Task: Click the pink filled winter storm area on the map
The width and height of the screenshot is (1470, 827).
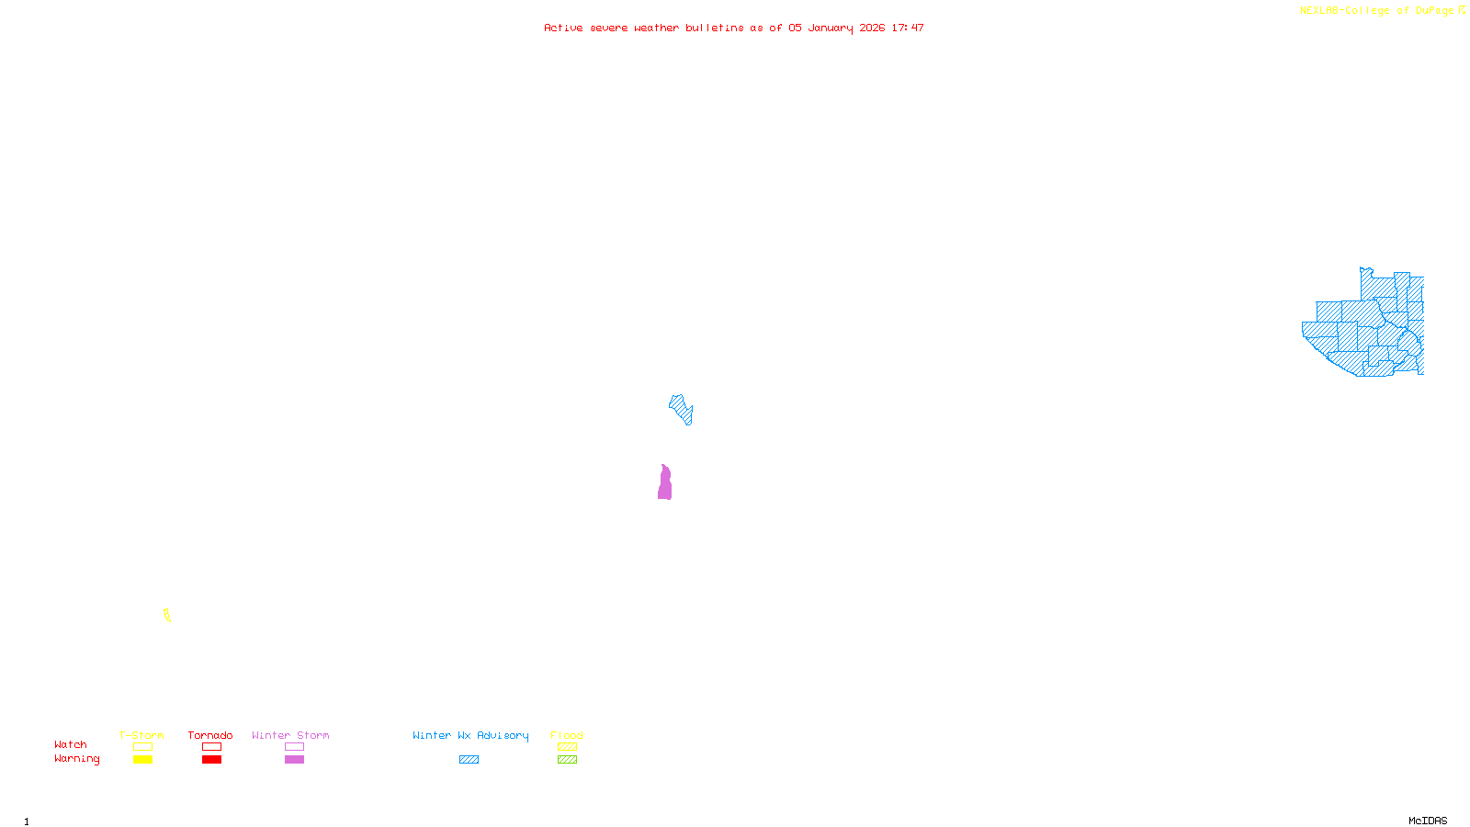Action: [664, 484]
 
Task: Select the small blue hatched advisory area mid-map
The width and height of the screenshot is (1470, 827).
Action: [681, 408]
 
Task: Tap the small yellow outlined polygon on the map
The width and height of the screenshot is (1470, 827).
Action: [166, 615]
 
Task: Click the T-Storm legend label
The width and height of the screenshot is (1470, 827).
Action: [141, 735]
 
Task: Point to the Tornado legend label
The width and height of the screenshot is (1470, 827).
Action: [210, 735]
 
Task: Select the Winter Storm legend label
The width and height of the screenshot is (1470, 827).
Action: [290, 735]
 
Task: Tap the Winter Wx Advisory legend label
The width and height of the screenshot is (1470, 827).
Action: [470, 735]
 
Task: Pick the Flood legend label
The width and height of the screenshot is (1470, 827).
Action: [567, 735]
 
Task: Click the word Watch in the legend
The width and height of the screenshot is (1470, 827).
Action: [71, 744]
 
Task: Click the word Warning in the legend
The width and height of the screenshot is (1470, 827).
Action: [77, 759]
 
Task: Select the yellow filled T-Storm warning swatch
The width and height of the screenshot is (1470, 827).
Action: [142, 760]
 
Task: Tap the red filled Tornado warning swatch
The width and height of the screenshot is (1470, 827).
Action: [211, 760]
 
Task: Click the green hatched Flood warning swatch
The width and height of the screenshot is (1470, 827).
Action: [567, 760]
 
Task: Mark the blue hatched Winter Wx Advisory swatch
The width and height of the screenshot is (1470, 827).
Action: [469, 760]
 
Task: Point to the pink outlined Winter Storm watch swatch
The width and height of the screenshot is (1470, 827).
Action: [294, 747]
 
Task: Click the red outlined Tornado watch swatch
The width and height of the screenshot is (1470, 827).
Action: [211, 747]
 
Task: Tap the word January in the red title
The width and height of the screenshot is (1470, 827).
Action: [830, 28]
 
